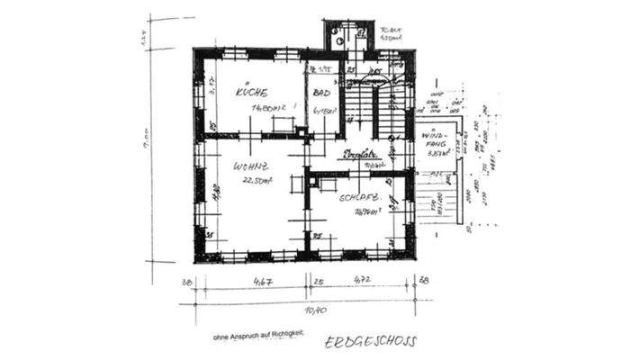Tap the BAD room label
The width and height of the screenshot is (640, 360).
[x=320, y=93]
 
